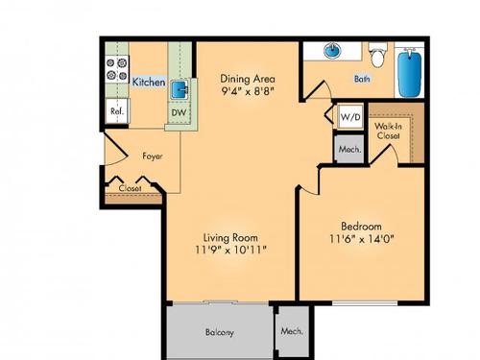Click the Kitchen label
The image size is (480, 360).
coord(148,83)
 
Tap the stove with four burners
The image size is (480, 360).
coord(117,70)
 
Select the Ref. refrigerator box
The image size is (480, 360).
coord(116,111)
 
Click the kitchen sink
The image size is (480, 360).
coord(180,90)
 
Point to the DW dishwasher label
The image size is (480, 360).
coord(178,113)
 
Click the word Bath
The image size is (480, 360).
coord(362,79)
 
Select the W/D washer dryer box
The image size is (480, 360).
coord(346,118)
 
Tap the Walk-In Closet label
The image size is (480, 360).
coord(388,131)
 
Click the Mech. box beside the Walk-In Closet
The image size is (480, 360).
coord(346,149)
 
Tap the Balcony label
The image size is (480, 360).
coord(220,332)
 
